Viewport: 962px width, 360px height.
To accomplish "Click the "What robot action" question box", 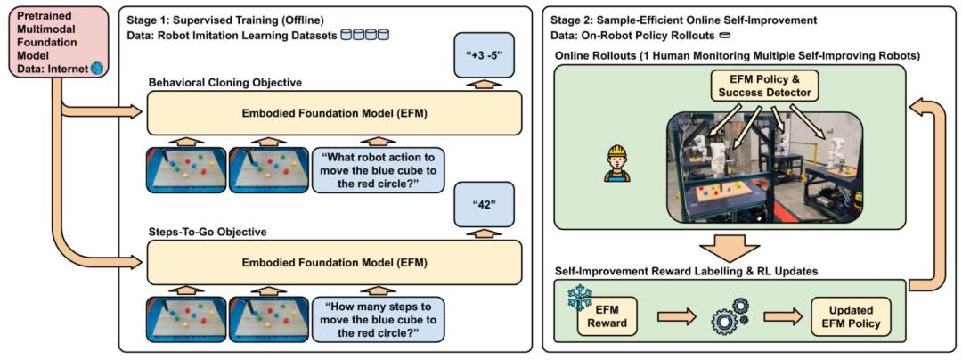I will click(379, 169).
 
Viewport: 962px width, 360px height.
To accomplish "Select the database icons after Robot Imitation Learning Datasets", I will click(371, 34).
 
